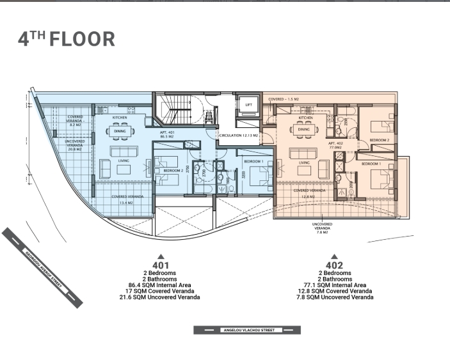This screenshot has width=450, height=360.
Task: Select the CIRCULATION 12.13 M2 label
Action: [x=237, y=136]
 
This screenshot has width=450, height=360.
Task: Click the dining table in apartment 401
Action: [x=120, y=132]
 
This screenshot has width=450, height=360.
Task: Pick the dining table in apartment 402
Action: [x=304, y=130]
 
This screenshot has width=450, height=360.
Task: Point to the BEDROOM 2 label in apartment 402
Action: [x=380, y=139]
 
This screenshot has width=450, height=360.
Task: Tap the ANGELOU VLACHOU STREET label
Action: [x=247, y=331]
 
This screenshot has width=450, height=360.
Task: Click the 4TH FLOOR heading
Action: [x=67, y=39]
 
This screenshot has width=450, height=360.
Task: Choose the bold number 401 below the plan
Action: [x=160, y=265]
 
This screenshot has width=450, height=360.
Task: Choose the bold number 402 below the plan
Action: [x=334, y=265]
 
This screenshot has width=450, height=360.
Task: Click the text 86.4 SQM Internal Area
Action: [x=160, y=285]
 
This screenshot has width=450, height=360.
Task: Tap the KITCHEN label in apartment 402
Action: [x=305, y=118]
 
